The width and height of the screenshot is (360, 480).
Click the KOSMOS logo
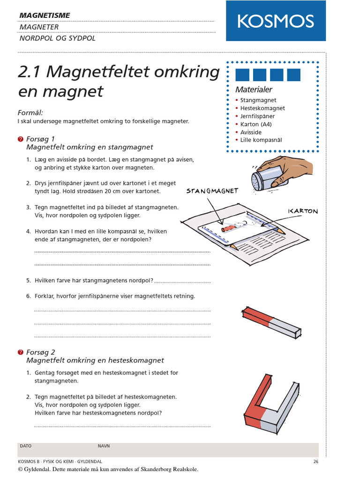tap(275, 21)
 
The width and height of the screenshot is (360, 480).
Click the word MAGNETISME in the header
tap(45, 15)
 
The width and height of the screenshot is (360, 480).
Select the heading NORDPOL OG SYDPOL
tap(57, 38)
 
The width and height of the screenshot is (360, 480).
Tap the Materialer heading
tap(254, 90)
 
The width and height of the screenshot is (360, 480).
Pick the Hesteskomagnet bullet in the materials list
tap(262, 108)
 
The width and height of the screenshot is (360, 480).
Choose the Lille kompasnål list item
tap(261, 140)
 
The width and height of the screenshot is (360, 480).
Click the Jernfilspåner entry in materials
tap(257, 116)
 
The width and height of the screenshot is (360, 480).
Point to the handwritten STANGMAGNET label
tap(212, 191)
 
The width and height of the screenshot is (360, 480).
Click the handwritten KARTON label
tap(303, 211)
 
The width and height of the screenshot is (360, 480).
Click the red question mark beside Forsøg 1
tap(20, 139)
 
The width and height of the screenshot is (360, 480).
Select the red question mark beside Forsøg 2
tap(20, 352)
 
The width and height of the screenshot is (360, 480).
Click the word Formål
tap(30, 113)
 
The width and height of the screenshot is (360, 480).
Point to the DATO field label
tap(26, 446)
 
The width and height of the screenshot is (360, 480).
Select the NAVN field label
tap(104, 446)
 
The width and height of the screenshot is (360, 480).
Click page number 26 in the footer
tap(316, 462)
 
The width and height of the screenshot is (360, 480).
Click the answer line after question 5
tap(182, 282)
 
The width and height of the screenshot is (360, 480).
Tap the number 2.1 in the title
tap(30, 73)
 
